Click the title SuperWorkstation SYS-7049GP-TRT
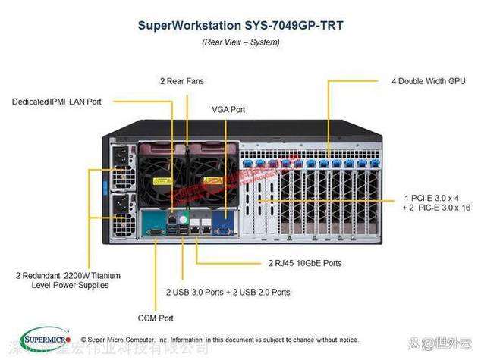point(240,25)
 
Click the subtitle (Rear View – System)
point(240,42)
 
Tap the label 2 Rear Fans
point(181,80)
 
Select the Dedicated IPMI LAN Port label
point(57,100)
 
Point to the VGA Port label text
point(228,110)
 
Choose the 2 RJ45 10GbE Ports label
point(304,263)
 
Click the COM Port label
point(155,318)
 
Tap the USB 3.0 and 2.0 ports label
point(228,291)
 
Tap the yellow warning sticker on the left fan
point(160,183)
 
